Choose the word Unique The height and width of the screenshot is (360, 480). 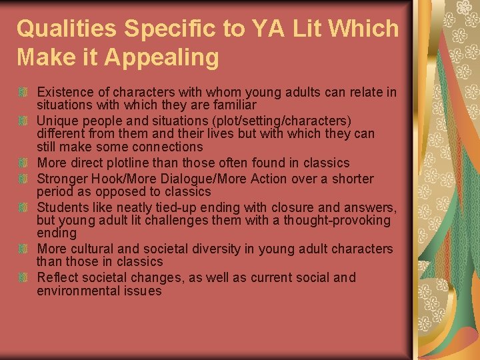click(x=58, y=120)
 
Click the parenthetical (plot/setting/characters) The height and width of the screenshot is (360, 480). click(x=267, y=120)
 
